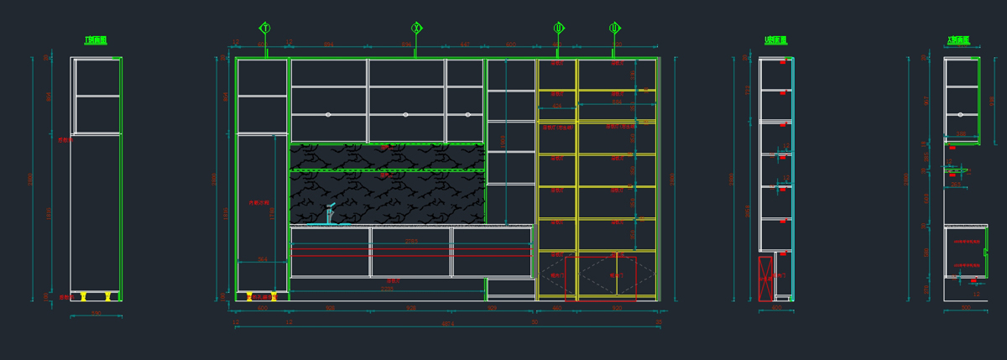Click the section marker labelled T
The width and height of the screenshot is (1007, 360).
coord(265,29)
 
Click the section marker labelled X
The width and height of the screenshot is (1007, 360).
coord(416,29)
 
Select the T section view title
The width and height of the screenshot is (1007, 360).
coord(96,40)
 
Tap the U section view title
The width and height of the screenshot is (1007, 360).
coord(775,40)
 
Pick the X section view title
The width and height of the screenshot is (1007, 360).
coord(958,40)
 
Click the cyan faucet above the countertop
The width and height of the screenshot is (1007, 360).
coord(330,214)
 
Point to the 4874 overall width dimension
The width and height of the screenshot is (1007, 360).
coord(448,324)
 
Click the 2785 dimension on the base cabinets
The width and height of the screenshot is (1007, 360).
coord(411,242)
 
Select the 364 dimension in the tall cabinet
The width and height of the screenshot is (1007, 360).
coord(262,259)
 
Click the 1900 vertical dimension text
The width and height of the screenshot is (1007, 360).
coord(503,141)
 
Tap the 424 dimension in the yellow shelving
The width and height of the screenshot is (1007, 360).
coord(556,107)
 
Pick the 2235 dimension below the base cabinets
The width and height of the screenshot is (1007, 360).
coord(387,290)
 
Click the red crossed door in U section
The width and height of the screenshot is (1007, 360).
coord(765,279)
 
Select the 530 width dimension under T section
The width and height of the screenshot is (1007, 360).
coord(96,313)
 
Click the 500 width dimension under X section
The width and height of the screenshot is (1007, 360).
coord(965,308)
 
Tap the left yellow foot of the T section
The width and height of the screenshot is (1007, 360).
coord(83,296)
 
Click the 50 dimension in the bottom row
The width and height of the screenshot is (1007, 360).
coord(535,321)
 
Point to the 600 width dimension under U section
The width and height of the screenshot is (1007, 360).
coord(776,308)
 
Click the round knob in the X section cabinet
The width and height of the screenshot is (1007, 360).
coord(960,114)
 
